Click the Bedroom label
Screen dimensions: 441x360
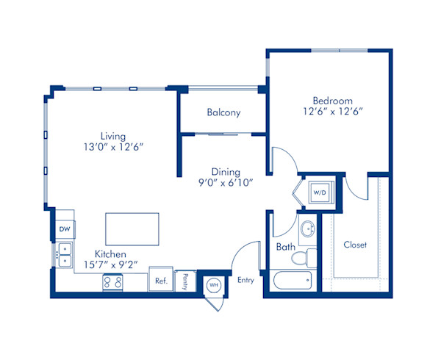332,101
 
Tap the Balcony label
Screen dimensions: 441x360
223,112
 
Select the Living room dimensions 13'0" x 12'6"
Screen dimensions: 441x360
113,147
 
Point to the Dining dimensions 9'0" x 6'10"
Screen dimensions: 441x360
226,183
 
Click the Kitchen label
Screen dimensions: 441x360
110,254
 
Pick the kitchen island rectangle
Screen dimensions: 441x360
132,228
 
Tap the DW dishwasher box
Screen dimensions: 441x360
65,229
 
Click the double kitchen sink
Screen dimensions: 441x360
65,255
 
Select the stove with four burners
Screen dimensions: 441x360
112,282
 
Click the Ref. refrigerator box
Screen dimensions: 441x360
161,279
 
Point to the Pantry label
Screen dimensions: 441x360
185,281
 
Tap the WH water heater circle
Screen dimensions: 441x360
214,285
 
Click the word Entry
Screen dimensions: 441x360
245,280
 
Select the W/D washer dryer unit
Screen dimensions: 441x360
320,192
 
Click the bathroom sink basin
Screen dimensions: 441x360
308,228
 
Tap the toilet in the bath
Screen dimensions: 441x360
304,258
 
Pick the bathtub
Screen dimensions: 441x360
293,280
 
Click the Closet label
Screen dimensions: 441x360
355,245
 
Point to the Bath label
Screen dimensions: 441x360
286,247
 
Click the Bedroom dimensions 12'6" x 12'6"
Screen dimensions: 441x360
332,112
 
